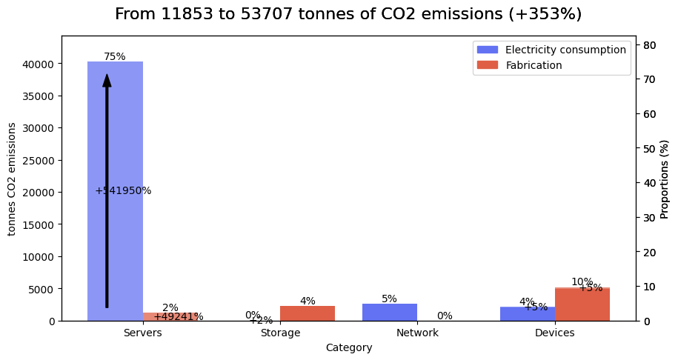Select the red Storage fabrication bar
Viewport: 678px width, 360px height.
point(308,313)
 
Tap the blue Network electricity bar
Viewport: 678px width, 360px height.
point(390,312)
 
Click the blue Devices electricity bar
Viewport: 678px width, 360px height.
point(527,314)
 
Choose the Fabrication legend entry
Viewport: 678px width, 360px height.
point(534,65)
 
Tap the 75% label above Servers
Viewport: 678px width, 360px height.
point(115,56)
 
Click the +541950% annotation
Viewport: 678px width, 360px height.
point(123,190)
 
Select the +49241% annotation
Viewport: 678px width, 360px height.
point(178,317)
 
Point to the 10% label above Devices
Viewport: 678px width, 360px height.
point(582,281)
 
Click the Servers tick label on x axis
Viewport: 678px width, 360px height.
point(143,333)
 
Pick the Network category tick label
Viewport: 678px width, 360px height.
point(417,333)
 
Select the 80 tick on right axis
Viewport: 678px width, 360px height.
point(649,45)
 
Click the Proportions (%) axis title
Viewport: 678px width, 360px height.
point(665,179)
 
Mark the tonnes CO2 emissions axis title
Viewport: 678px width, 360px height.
point(12,179)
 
